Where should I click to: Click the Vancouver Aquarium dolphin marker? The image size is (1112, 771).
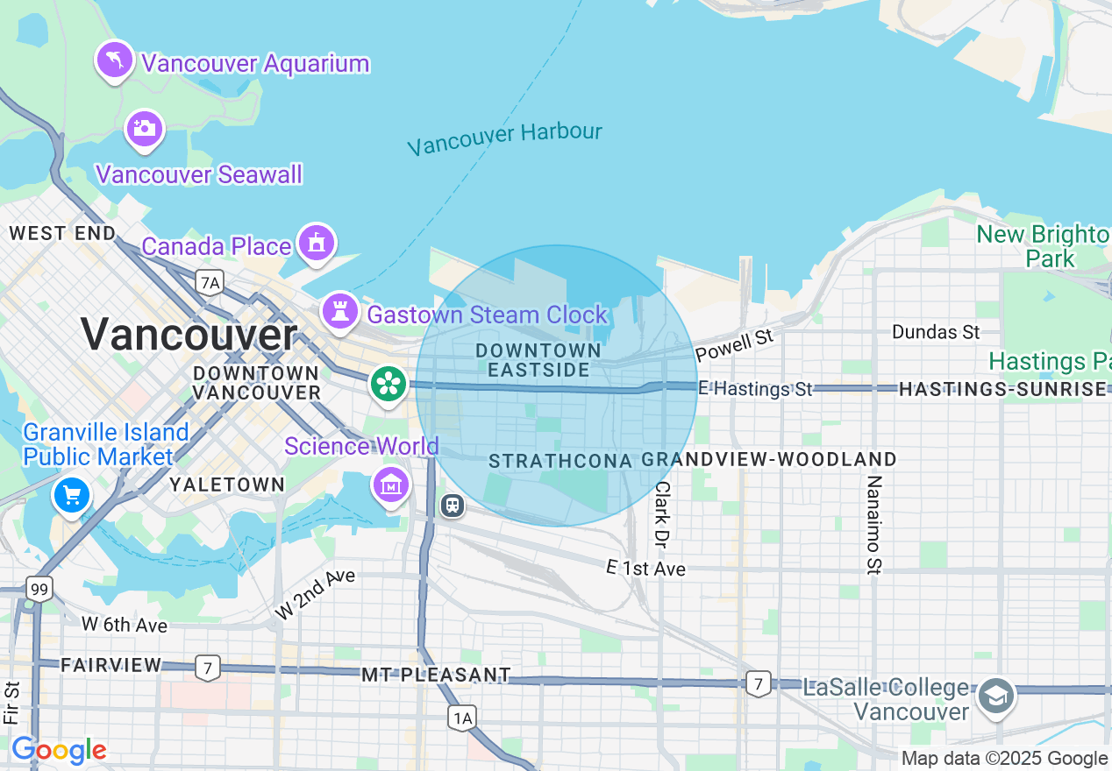coord(115,60)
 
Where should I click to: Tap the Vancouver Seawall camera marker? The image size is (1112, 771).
coord(145,129)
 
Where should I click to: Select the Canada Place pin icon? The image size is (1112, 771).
coord(317,243)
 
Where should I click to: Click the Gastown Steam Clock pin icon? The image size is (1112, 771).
coord(339,310)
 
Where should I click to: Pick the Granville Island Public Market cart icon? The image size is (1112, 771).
coord(72,496)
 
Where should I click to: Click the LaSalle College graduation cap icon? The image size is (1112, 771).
coord(996,697)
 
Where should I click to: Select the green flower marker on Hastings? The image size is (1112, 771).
coord(387,384)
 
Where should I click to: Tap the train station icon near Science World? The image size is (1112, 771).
coord(452,506)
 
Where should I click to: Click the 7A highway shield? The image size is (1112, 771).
coord(210,282)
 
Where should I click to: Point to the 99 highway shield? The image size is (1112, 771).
coord(39,589)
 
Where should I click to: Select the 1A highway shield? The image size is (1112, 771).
coord(462,718)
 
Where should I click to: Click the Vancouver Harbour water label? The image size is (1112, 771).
coord(505,138)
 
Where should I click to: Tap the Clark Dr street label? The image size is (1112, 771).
coord(662,513)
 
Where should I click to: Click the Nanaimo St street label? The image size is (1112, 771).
coord(873,526)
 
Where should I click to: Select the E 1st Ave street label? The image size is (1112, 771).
coord(645,569)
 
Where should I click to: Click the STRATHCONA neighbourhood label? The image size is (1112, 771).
coord(560,461)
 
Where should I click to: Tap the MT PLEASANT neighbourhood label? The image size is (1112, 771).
coord(436,675)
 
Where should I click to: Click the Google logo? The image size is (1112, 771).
coord(59,751)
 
